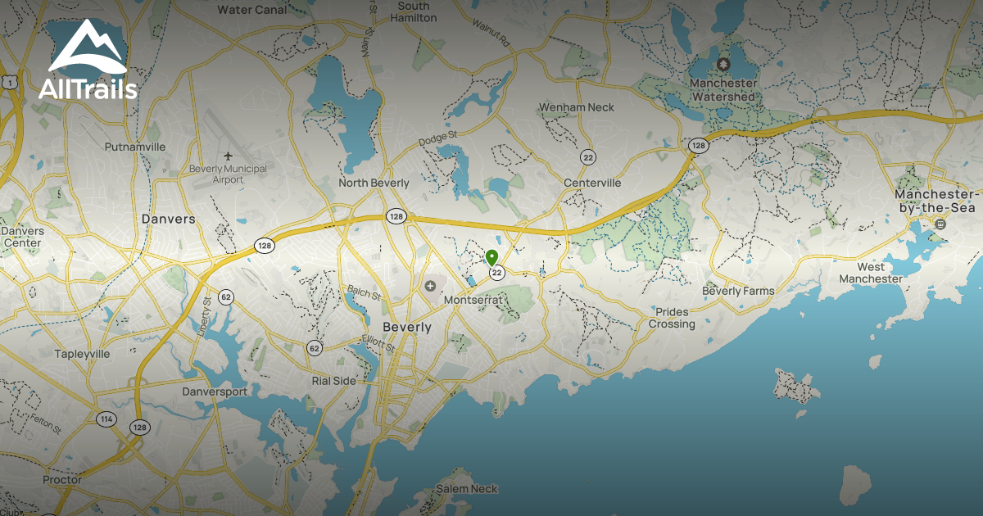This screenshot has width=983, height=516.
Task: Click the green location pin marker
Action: (x=491, y=257)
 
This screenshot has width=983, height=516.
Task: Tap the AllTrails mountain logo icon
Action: (x=87, y=50)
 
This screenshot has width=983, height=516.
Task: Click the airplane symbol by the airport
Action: (x=228, y=156)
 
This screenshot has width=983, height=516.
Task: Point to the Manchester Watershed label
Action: (x=722, y=90)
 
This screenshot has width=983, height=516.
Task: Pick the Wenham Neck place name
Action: (x=576, y=107)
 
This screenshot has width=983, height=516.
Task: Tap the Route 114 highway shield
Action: (x=106, y=419)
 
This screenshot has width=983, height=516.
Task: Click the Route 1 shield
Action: (x=9, y=82)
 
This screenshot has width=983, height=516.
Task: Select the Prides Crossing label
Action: (x=672, y=318)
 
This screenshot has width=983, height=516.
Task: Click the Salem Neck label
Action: (x=466, y=489)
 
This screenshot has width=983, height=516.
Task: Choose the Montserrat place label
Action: (x=471, y=301)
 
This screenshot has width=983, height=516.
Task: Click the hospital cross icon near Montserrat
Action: (x=430, y=286)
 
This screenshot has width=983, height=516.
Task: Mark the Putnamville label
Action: (x=135, y=147)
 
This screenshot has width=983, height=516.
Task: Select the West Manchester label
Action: (x=871, y=273)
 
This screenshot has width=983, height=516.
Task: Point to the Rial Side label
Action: (x=334, y=381)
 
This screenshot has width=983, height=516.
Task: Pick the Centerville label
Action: (x=592, y=183)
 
